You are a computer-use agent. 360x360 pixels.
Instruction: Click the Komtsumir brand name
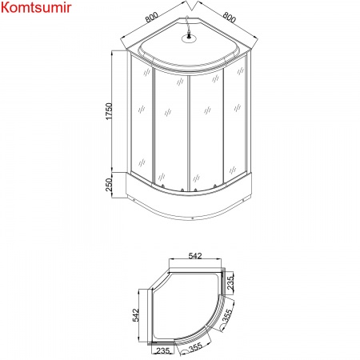(36, 8)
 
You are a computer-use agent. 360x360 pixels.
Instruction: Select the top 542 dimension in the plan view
(194, 255)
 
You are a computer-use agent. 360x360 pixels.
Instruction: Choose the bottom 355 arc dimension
(195, 348)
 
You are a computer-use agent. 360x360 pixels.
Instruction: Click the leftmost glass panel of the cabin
(141, 124)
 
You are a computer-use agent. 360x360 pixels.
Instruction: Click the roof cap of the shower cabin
(189, 50)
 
